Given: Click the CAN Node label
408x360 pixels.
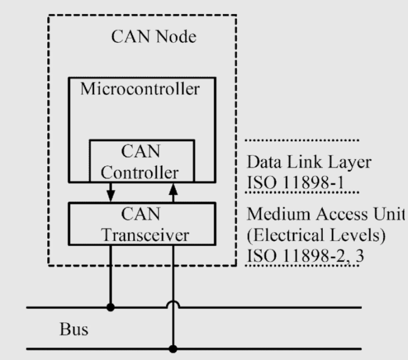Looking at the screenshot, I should point(154,38).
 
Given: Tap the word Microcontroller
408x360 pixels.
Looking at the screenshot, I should point(141,89).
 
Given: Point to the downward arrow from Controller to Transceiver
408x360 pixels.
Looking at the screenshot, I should point(111,192).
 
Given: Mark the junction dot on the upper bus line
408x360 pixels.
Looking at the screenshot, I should point(111,308).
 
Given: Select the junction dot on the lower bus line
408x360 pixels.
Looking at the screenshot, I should point(174,348).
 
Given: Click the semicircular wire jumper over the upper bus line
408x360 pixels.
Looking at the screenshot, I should point(174,303).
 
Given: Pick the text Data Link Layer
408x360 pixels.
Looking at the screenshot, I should point(301,163).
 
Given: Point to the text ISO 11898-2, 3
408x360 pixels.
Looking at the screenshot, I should point(304,254).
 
